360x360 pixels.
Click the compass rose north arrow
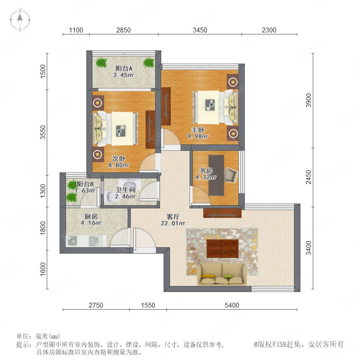(20, 18)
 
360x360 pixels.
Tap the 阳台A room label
(124, 68)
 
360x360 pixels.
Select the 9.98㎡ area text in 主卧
(198, 136)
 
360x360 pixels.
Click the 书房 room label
(206, 170)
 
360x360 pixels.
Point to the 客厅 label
(173, 216)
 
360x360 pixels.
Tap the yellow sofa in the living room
(221, 274)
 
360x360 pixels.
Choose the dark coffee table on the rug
(222, 249)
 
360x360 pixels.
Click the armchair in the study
(230, 175)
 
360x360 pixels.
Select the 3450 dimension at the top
(200, 30)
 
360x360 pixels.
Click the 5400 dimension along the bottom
(232, 305)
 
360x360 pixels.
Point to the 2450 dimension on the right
(308, 177)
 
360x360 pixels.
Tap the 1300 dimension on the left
(43, 191)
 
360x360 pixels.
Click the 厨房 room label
(91, 216)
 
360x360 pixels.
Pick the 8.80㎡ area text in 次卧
(119, 165)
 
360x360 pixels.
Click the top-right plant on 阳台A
(149, 62)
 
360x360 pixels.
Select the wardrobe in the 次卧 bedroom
(150, 130)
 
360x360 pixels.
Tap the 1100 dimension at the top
(76, 30)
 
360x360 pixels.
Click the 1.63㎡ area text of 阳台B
(85, 190)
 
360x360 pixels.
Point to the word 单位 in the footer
(23, 336)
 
